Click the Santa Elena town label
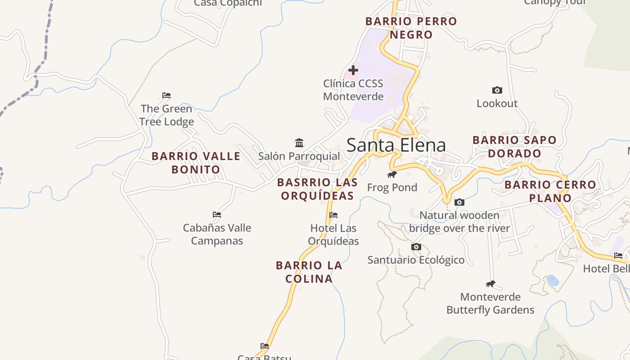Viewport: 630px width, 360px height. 396,145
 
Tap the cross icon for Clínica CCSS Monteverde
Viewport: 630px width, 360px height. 353,70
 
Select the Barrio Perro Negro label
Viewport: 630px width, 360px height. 411,28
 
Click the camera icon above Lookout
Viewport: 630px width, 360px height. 497,90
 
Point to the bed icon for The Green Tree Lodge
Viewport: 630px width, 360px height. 166,95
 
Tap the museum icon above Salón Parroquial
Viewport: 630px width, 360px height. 299,143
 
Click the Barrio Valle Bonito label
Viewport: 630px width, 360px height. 196,163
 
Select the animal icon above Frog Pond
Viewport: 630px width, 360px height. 392,174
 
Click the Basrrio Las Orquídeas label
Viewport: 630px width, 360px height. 317,189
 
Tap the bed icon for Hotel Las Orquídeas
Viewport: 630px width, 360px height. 333,215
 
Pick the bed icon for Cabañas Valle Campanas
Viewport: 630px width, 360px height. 217,215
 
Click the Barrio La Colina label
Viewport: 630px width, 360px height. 309,272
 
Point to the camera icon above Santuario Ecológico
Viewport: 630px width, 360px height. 416,247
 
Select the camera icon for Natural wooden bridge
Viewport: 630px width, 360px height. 459,202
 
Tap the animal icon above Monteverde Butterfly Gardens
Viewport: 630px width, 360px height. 490,283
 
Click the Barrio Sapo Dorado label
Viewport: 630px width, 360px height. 514,147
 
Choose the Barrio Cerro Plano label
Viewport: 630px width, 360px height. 550,191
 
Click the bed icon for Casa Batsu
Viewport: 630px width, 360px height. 265,346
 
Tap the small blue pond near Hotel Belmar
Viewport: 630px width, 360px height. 553,281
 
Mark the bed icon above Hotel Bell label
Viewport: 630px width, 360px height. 619,256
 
